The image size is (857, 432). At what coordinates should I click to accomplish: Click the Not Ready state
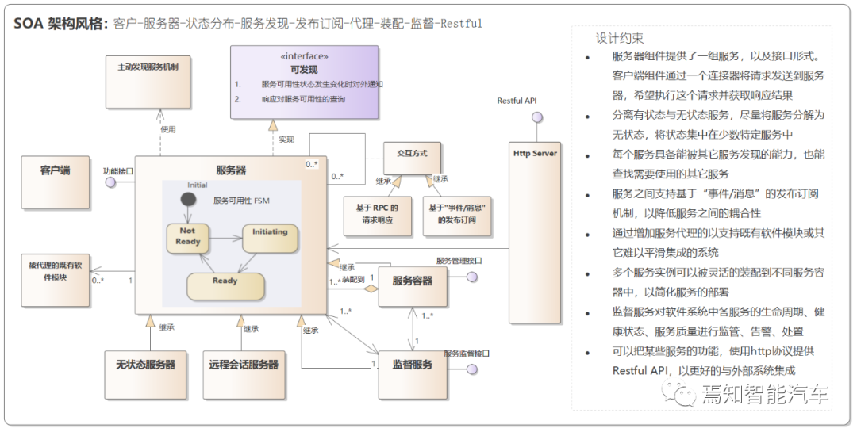[x=188, y=237]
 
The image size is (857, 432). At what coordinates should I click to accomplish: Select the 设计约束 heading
[x=620, y=38]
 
